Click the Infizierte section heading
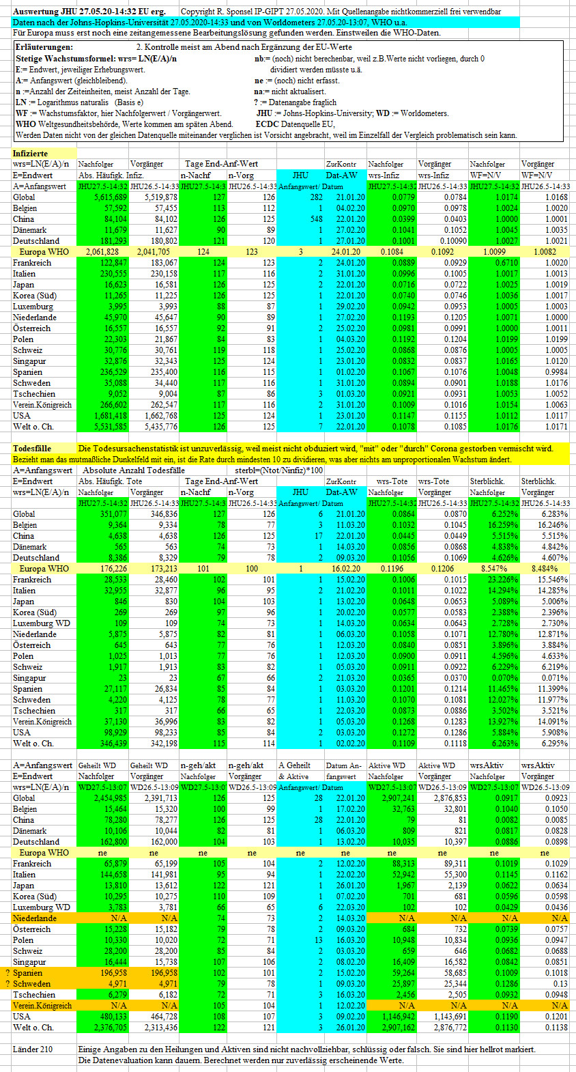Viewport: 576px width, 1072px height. (x=31, y=153)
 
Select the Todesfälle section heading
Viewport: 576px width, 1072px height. (x=32, y=449)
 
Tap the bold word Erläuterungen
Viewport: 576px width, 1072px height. (x=44, y=47)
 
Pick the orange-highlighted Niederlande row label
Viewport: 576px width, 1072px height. (x=35, y=918)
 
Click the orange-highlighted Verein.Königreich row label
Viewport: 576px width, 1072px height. (x=42, y=1006)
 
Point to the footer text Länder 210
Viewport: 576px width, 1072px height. (x=33, y=1049)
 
